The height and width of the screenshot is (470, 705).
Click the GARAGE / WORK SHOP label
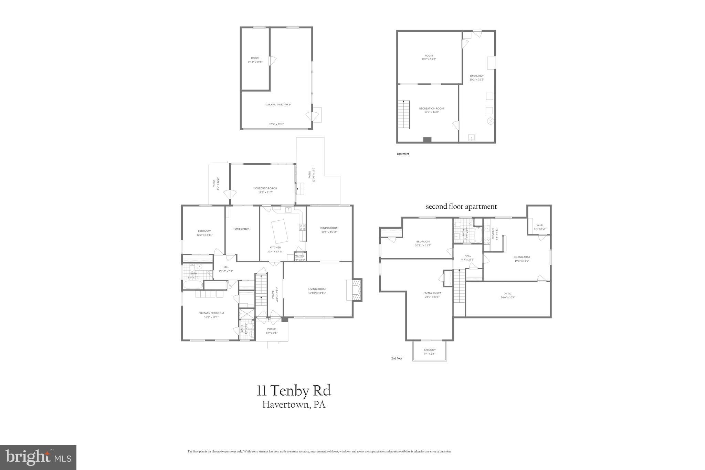point(277,105)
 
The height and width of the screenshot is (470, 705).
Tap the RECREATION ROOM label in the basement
point(431,108)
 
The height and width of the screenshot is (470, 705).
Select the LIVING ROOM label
point(317,289)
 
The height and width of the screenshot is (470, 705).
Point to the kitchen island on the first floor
point(280,231)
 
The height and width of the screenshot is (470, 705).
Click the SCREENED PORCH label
point(265,188)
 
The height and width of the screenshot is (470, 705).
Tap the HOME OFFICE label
point(241,229)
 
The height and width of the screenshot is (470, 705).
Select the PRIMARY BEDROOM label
point(211,313)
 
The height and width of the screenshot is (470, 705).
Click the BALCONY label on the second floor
point(430,350)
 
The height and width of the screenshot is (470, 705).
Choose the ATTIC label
point(508,294)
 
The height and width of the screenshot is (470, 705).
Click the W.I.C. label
point(539,225)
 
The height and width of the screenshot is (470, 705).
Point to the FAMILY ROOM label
point(432,293)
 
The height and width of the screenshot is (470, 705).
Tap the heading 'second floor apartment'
point(461,207)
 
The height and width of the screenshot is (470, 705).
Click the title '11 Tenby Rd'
point(294,391)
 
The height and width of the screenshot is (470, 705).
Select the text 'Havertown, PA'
point(294,405)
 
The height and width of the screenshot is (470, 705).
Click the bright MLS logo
point(38,457)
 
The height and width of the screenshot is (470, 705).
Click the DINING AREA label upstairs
point(522,257)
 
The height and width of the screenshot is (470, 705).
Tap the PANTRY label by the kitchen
point(299,256)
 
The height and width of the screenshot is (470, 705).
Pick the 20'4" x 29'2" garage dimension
point(276,124)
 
